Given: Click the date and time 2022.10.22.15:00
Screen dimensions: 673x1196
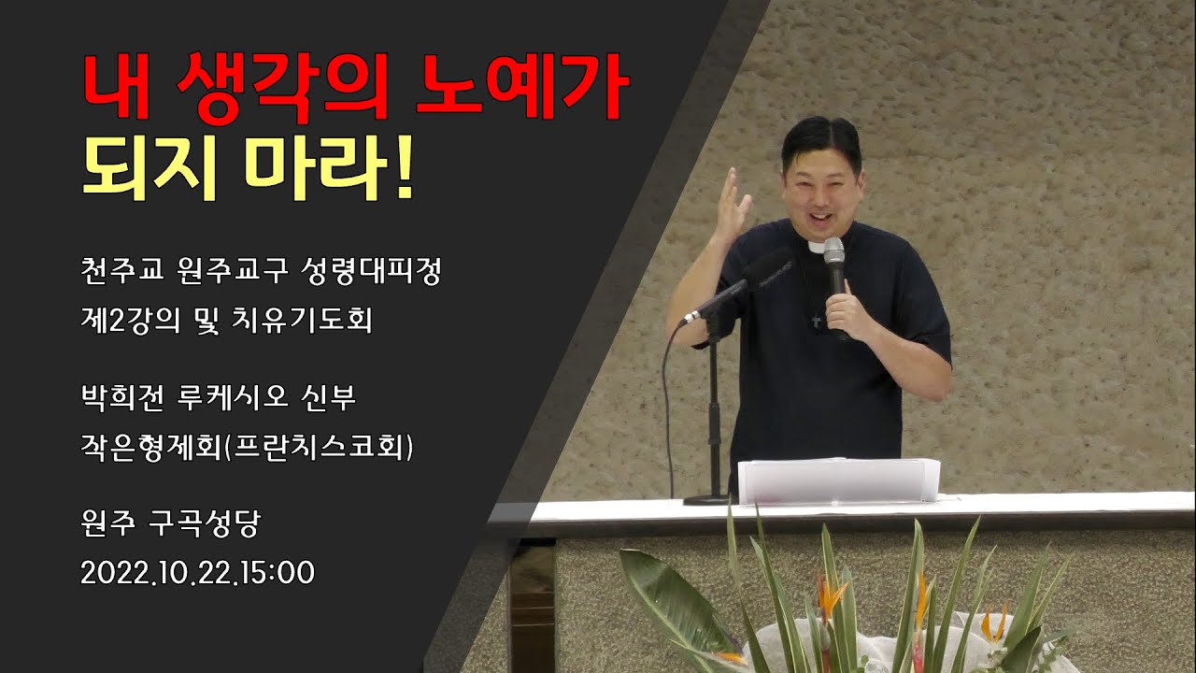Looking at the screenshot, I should tap(197, 572).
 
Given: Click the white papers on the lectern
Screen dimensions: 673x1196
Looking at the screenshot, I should tap(838, 480).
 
